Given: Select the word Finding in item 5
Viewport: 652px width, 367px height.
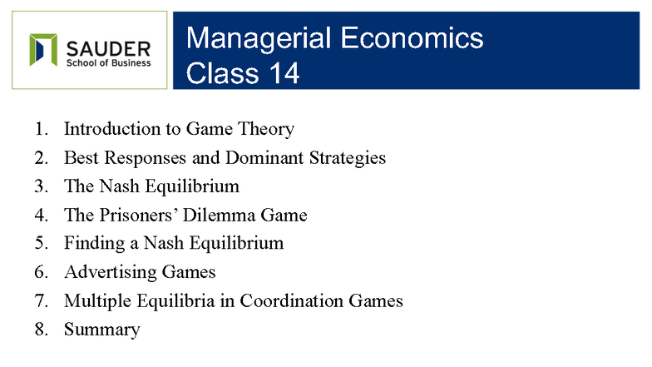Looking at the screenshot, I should click(x=94, y=243).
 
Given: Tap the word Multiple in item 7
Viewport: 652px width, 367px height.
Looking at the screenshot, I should click(x=96, y=300).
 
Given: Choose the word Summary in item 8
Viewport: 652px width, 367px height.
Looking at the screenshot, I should click(x=101, y=330).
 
